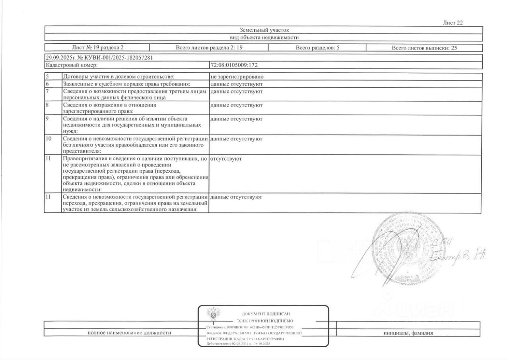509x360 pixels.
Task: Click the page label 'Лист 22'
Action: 453,23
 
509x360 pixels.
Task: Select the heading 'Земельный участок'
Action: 263,30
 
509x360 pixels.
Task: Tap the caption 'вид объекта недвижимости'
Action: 263,37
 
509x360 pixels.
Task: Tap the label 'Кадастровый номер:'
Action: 70,65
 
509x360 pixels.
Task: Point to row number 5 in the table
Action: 47,76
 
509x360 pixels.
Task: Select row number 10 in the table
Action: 49,139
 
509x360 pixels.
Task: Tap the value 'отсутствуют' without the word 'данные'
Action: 226,159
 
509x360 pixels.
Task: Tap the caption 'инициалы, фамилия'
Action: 408,333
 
